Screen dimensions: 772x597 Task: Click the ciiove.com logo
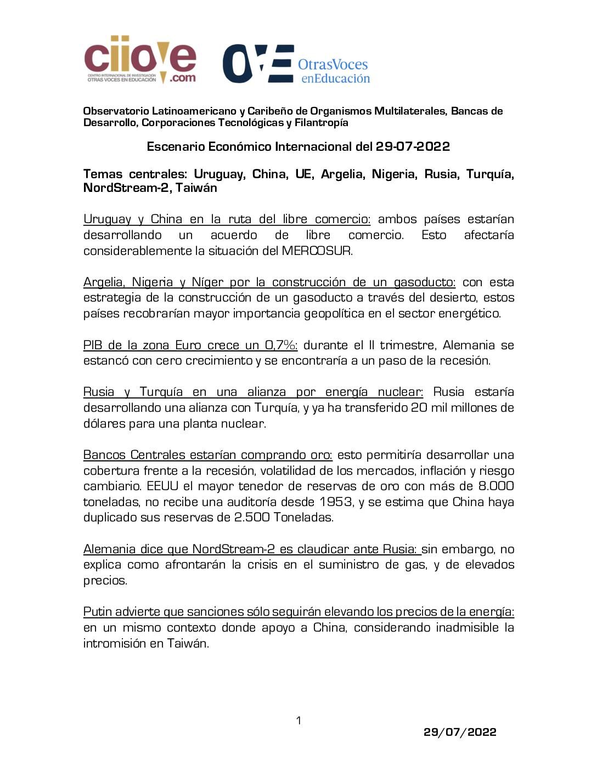140,60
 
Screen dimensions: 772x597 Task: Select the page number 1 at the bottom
298,720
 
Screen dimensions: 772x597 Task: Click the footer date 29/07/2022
460,732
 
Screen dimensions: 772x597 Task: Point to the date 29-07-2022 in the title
413,147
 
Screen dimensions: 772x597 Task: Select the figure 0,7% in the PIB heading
281,345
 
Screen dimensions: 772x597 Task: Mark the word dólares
104,424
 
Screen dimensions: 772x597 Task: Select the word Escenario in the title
174,147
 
